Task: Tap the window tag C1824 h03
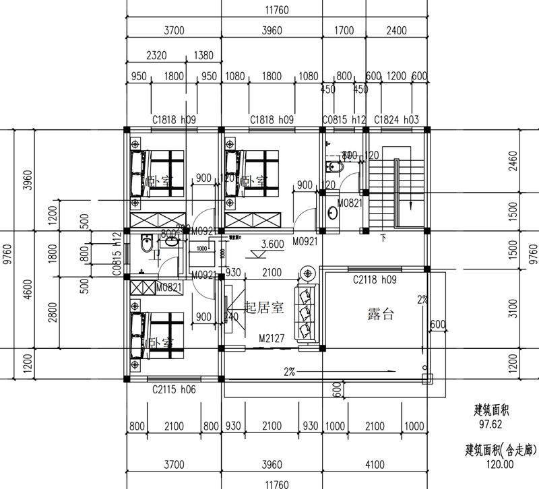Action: coord(397,120)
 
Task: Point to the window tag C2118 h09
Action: coord(375,278)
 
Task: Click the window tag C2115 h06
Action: coord(174,389)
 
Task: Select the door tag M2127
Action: coord(270,339)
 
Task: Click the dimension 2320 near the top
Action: coord(159,55)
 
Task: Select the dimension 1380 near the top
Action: coord(204,55)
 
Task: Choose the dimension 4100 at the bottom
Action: coord(375,465)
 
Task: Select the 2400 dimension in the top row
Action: coord(396,30)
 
